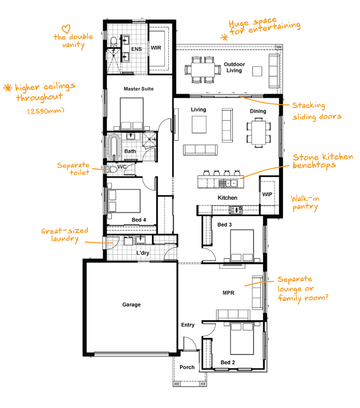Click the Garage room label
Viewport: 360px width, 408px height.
click(131, 305)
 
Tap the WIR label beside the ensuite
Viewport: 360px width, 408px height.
click(156, 48)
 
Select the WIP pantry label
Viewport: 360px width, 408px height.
click(267, 195)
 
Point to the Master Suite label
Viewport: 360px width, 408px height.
click(139, 89)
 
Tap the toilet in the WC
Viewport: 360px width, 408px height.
click(112, 169)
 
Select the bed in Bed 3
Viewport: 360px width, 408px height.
click(241, 247)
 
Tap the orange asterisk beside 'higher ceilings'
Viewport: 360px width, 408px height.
click(8, 88)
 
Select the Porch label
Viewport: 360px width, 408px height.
click(187, 367)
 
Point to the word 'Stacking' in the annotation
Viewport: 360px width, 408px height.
click(308, 106)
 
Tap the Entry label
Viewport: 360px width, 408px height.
click(187, 325)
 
